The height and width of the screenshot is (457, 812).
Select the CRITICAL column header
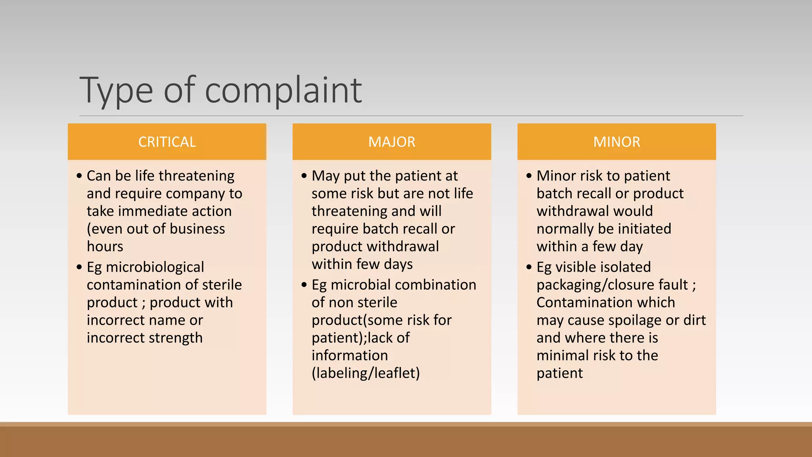pyautogui.click(x=167, y=142)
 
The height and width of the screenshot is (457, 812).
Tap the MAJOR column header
pyautogui.click(x=392, y=142)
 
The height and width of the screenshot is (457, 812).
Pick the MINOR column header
pyautogui.click(x=617, y=142)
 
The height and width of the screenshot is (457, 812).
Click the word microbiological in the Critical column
pyautogui.click(x=155, y=267)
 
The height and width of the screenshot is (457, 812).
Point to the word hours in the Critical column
pyautogui.click(x=105, y=246)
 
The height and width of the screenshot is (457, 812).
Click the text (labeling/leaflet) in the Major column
pyautogui.click(x=366, y=373)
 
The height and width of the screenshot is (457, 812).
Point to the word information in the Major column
pyautogui.click(x=350, y=355)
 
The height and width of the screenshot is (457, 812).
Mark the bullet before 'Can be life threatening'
pyautogui.click(x=79, y=175)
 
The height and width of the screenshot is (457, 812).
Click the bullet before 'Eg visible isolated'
pyautogui.click(x=529, y=267)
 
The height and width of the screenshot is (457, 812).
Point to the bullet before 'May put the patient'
pyautogui.click(x=304, y=175)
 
